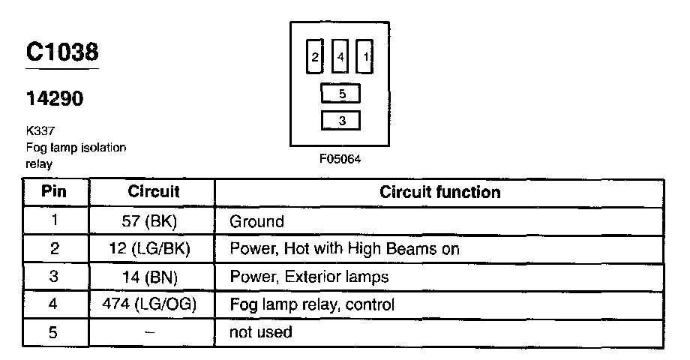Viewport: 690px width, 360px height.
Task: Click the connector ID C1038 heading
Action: click(x=62, y=52)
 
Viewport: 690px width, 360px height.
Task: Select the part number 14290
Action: click(x=54, y=98)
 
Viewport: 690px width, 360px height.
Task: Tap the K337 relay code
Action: click(x=40, y=130)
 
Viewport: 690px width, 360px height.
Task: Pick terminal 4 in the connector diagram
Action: click(x=340, y=57)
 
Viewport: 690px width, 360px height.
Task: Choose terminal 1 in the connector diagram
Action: click(x=365, y=57)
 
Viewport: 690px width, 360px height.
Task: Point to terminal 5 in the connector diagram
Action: click(x=341, y=94)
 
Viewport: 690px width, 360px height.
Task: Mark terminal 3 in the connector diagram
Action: click(x=341, y=120)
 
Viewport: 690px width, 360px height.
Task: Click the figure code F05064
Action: click(x=340, y=160)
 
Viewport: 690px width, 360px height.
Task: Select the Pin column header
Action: click(x=53, y=192)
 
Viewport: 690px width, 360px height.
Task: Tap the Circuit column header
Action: click(x=154, y=192)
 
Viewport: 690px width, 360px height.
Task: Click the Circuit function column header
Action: click(x=439, y=192)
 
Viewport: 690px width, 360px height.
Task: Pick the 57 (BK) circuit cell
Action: click(x=154, y=221)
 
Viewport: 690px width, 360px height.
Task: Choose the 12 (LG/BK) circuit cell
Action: click(x=154, y=249)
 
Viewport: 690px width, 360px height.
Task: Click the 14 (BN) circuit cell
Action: click(x=154, y=277)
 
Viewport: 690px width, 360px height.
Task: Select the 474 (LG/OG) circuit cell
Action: click(x=154, y=304)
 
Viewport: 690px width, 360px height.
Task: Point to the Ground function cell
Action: click(x=257, y=221)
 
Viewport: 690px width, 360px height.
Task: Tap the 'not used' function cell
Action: click(x=261, y=332)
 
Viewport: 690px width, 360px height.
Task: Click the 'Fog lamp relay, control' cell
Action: click(x=312, y=304)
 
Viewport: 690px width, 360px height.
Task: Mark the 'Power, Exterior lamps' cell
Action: click(x=309, y=277)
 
